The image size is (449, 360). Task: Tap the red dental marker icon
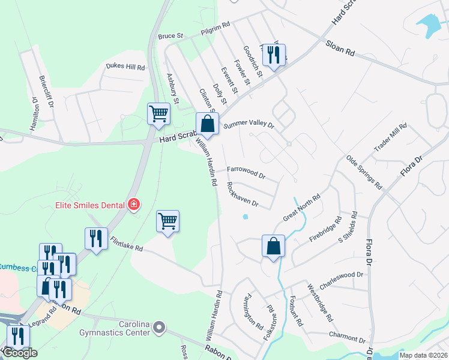point(133,205)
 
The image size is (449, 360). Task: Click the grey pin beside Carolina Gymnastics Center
point(159,328)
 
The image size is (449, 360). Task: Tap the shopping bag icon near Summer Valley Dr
point(207,125)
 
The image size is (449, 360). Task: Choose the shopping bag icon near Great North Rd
point(273,246)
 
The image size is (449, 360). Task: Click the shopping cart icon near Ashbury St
point(159,113)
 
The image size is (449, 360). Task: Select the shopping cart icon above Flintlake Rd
point(168,221)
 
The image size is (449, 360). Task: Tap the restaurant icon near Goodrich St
point(274,56)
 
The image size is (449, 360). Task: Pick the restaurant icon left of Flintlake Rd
point(96,239)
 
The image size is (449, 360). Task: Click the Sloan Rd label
point(341,48)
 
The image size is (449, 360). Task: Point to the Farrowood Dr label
point(246,172)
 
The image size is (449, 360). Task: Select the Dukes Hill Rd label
point(125,67)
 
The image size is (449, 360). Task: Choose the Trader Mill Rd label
point(390,137)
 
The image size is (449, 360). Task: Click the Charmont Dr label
point(343,337)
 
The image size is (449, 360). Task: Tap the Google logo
point(20,353)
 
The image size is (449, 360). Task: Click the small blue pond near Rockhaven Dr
point(245,217)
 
